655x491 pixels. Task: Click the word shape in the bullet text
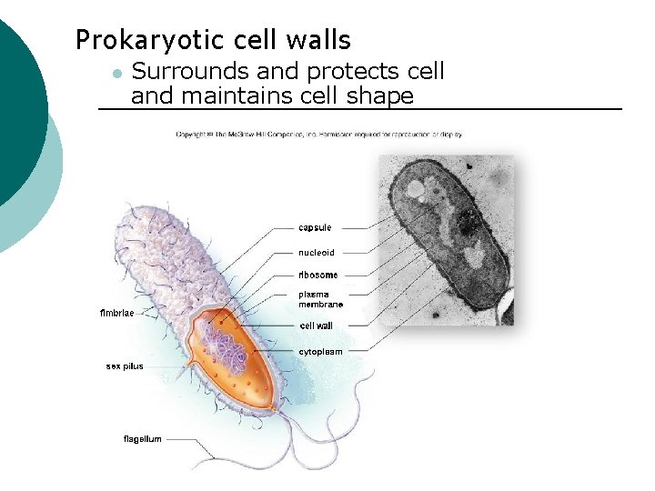point(383,95)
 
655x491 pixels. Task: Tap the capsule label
point(315,227)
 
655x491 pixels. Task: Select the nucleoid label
point(317,253)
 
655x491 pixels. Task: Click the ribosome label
point(317,275)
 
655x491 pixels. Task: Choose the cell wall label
point(316,326)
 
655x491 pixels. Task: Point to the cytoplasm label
point(320,351)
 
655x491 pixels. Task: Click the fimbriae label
point(116,314)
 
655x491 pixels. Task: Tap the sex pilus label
point(125,366)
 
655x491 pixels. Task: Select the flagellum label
point(143,439)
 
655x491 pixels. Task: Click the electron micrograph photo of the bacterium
point(446,239)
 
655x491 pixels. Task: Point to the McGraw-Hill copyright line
point(319,135)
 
